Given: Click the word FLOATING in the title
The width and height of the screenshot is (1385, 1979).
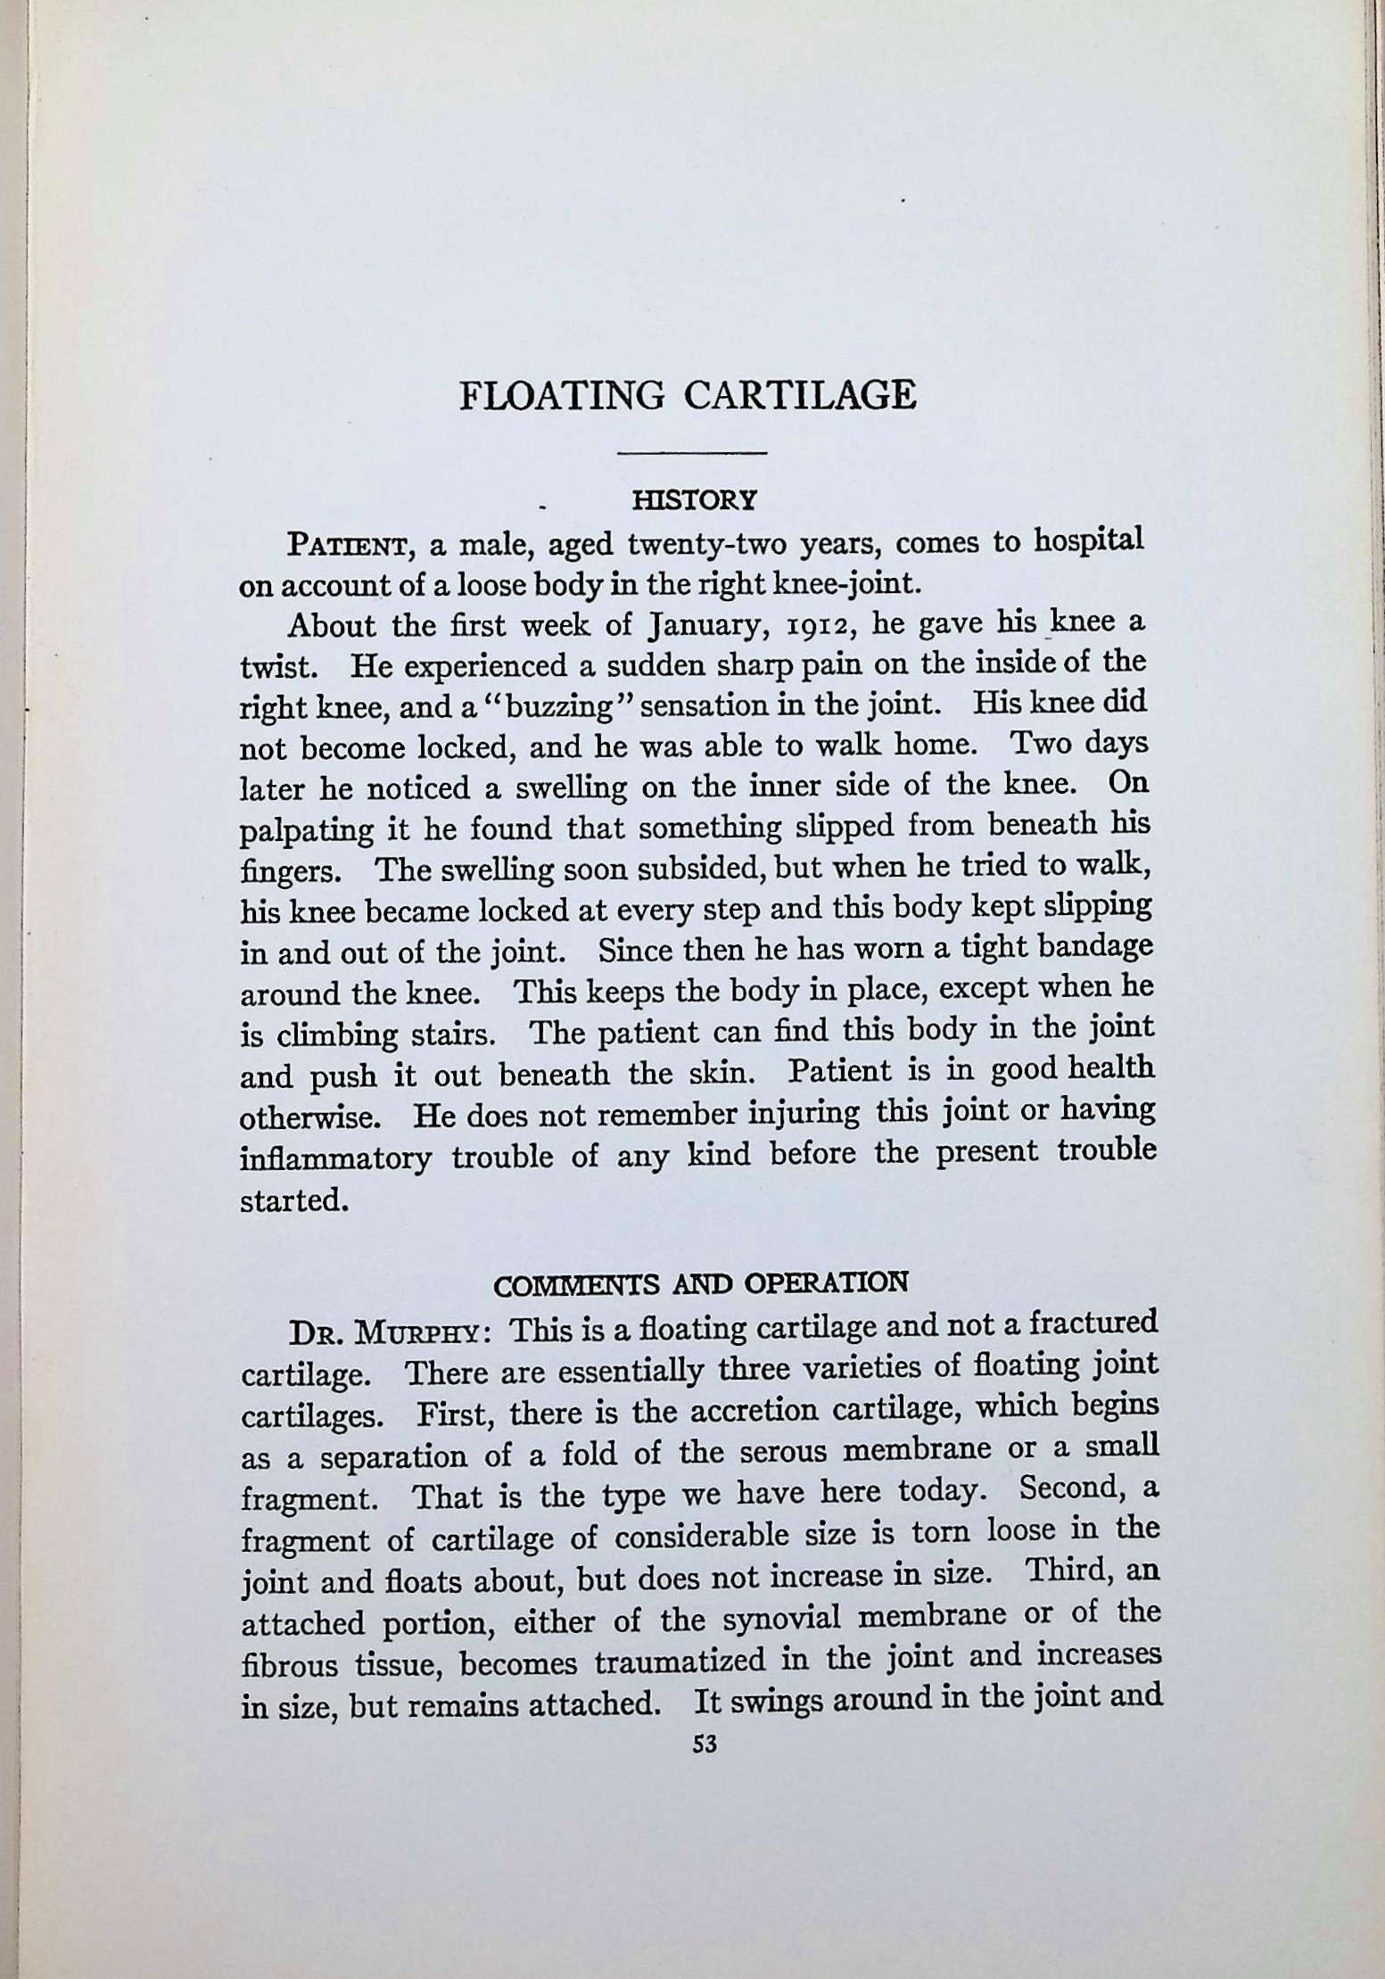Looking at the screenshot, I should [562, 394].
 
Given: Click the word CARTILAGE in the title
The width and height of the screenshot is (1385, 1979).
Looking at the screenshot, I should [799, 394].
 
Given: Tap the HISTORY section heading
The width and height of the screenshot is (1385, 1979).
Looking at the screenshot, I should [694, 499].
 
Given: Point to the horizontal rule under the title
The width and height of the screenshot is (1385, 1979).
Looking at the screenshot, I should [692, 455].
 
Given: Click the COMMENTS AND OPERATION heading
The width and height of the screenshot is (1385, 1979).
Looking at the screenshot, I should [700, 1283].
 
